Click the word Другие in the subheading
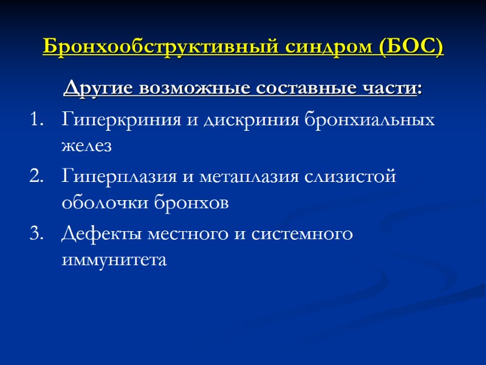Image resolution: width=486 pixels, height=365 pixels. [99, 89]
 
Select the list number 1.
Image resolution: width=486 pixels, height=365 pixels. [35, 119]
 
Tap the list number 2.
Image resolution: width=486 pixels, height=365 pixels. [35, 177]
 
